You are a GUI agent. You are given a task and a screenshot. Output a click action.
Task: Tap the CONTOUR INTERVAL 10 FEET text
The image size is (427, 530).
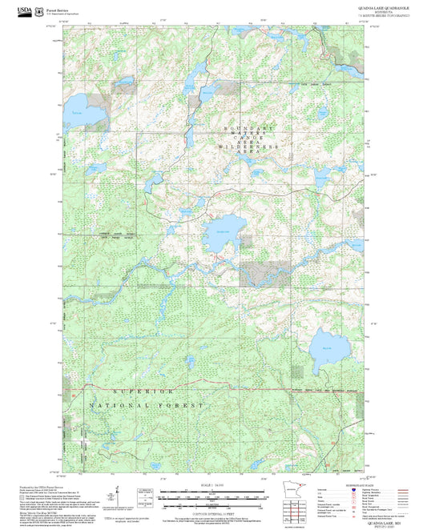tap(213, 512)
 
